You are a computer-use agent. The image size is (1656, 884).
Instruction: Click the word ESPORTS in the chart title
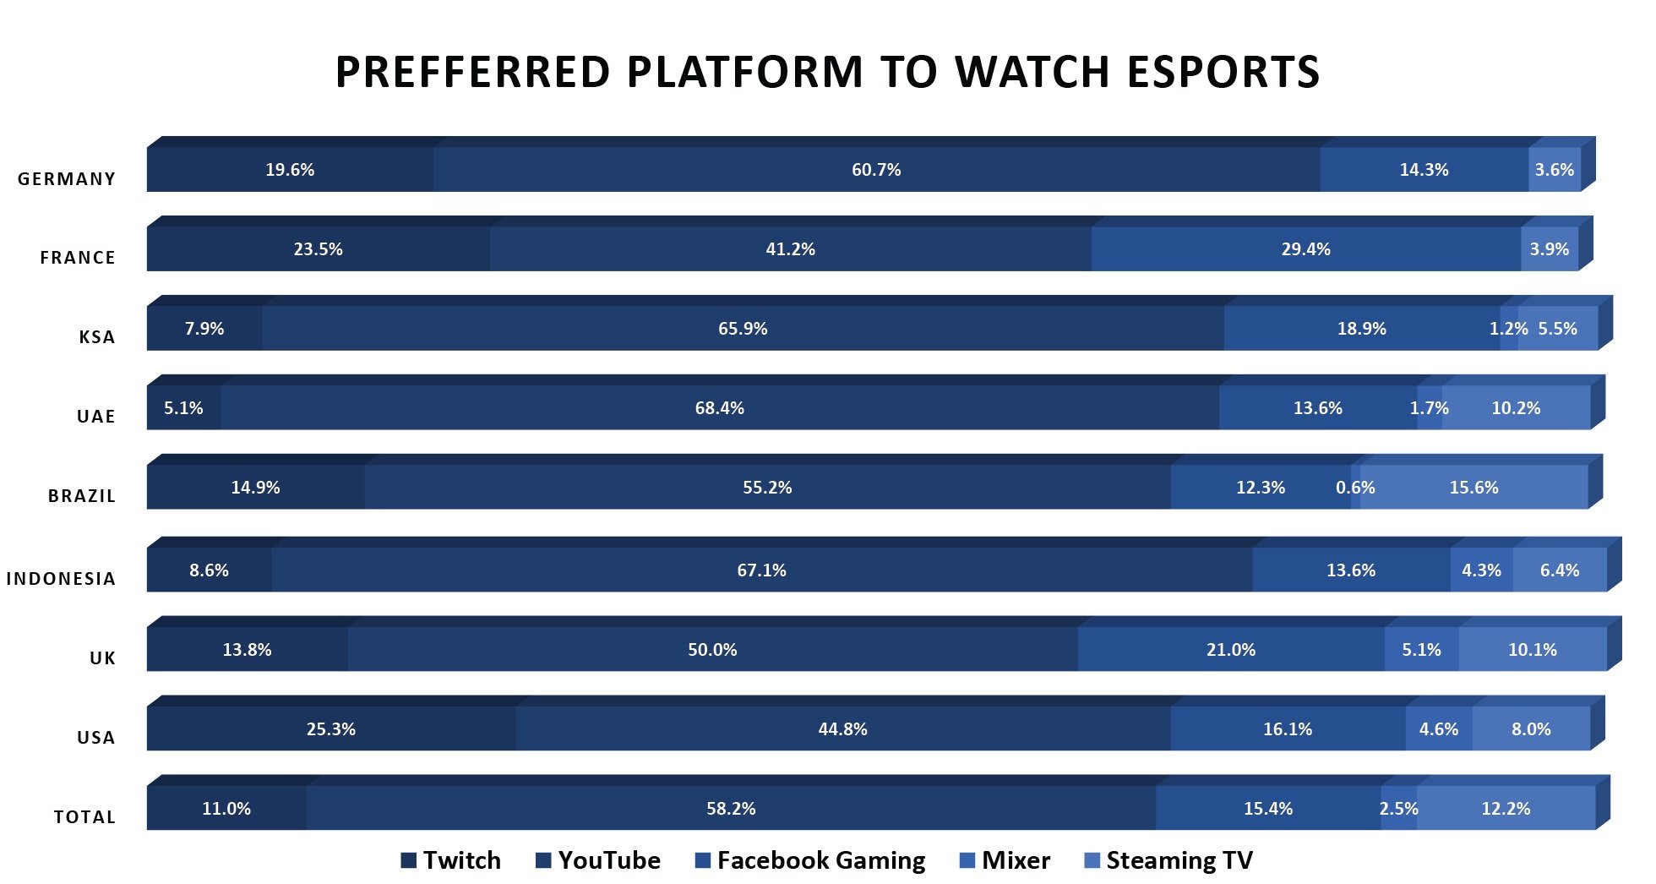[x=1223, y=72]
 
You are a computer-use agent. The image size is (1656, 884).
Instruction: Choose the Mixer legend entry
[x=1005, y=860]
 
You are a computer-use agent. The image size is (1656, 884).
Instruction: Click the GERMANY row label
[x=67, y=179]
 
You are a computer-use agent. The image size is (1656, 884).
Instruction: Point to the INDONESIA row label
[x=61, y=579]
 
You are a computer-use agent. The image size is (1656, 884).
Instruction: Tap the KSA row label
[x=96, y=337]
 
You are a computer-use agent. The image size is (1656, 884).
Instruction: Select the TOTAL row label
[x=84, y=817]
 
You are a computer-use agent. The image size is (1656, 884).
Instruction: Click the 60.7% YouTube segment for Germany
[x=876, y=170]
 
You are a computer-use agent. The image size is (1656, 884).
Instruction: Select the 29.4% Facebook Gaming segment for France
[x=1305, y=249]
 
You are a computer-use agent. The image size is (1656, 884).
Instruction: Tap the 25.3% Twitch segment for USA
[x=330, y=729]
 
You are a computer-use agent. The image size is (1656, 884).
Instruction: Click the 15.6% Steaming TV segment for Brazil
[x=1474, y=488]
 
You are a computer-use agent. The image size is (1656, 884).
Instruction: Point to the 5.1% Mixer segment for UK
[x=1421, y=650]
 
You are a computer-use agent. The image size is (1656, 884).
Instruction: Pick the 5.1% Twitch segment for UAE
[x=183, y=408]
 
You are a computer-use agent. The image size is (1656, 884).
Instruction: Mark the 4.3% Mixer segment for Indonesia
[x=1481, y=570]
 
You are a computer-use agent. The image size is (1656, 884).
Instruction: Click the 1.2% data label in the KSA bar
[x=1508, y=329]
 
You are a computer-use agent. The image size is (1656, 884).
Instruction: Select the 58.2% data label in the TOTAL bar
[x=731, y=809]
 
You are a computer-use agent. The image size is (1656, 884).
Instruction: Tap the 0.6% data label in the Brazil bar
[x=1355, y=488]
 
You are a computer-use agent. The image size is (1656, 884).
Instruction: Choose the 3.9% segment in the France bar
[x=1549, y=249]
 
